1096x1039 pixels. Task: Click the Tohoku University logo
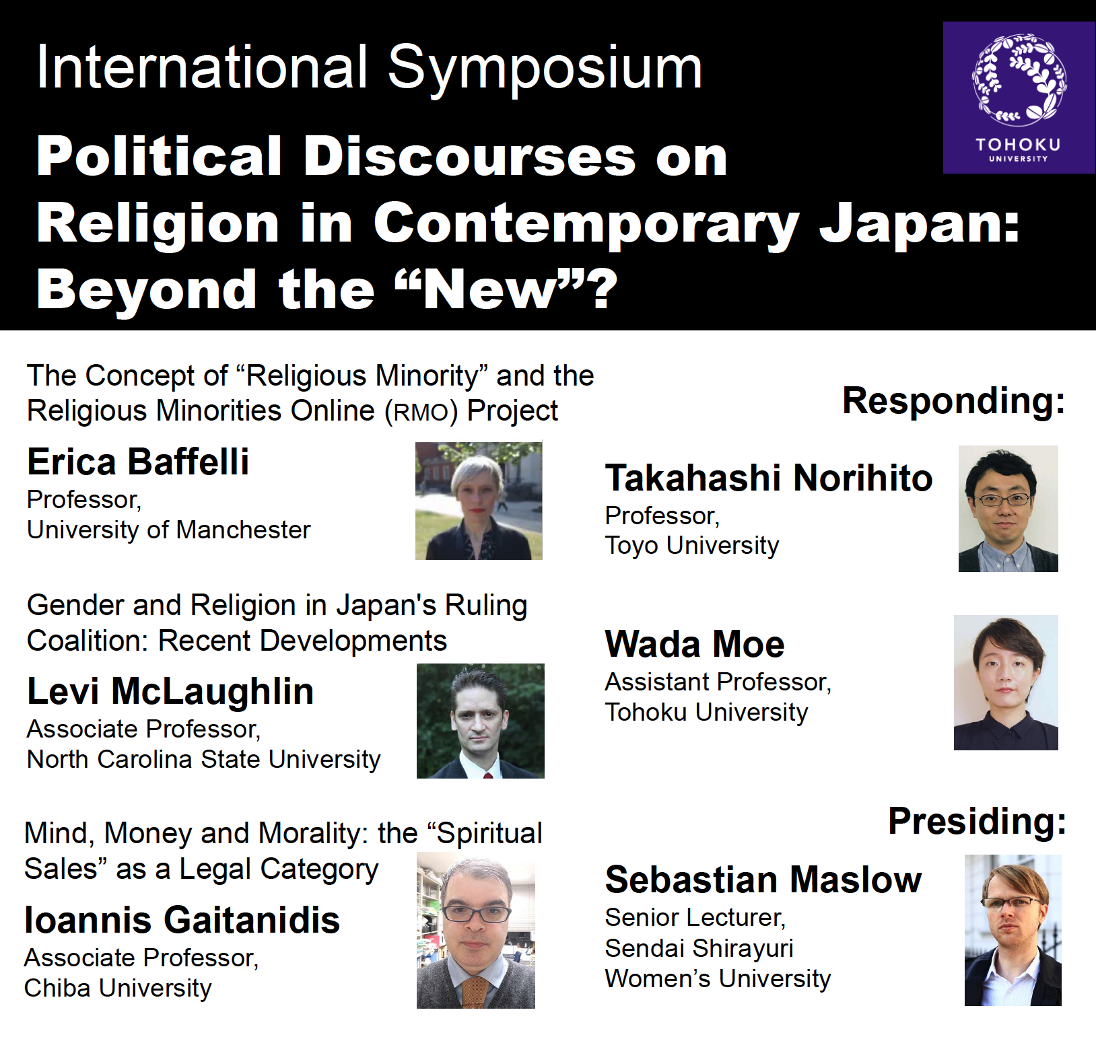click(x=1019, y=98)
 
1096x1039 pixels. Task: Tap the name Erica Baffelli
click(x=138, y=462)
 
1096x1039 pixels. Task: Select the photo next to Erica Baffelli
click(x=479, y=501)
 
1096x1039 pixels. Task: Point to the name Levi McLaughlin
click(x=170, y=691)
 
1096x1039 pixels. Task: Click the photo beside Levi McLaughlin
click(x=481, y=721)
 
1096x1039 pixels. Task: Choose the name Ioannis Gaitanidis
click(x=182, y=920)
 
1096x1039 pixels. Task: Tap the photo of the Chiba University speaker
click(x=476, y=930)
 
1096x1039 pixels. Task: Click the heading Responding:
click(x=954, y=402)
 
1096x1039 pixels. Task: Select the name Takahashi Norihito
click(x=769, y=478)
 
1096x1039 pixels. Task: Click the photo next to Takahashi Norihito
click(x=1008, y=509)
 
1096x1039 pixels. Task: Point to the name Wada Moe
click(x=695, y=644)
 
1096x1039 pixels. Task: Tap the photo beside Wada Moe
click(x=1006, y=682)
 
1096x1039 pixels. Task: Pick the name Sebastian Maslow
click(x=763, y=880)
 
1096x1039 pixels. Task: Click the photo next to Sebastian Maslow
click(x=1013, y=930)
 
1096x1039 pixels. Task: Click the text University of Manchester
click(x=169, y=530)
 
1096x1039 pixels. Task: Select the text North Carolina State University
click(x=204, y=760)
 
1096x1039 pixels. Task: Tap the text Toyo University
click(x=692, y=546)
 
